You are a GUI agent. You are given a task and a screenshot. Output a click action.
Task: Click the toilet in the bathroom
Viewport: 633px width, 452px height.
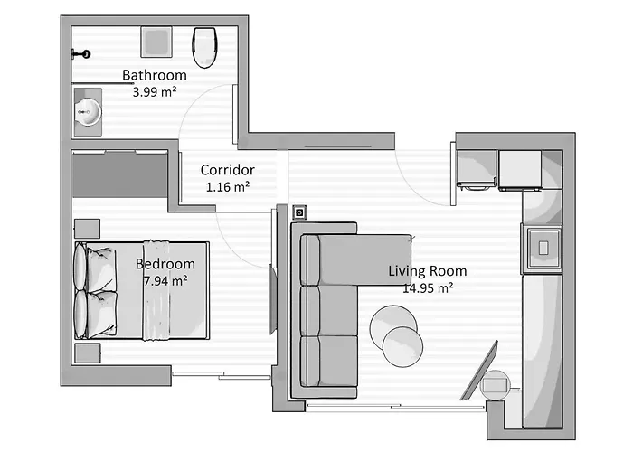[205, 47]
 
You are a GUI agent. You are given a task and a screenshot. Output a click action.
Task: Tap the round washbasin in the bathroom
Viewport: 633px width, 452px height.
[89, 112]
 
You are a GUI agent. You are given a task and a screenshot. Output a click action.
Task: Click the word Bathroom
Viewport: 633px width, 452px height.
[155, 75]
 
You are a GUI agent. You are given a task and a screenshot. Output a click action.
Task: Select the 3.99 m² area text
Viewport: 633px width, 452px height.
[155, 92]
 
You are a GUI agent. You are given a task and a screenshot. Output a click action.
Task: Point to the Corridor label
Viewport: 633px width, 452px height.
[227, 170]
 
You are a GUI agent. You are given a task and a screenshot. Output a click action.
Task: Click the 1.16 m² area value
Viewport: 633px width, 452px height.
[228, 187]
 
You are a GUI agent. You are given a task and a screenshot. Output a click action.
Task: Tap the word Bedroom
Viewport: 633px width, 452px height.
[165, 264]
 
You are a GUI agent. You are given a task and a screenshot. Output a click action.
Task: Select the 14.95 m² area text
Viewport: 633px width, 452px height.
[428, 288]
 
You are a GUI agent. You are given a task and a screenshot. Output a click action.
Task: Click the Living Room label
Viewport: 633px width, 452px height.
[428, 271]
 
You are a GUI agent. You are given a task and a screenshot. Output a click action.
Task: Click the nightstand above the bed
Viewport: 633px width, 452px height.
[87, 229]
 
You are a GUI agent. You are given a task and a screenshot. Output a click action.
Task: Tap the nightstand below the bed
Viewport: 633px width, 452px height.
[87, 353]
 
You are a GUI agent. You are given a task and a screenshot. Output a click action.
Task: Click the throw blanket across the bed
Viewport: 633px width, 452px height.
[156, 290]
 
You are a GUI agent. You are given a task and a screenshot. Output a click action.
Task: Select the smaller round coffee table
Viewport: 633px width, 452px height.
[402, 347]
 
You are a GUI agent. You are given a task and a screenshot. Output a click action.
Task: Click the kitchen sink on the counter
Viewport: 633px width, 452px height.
[543, 249]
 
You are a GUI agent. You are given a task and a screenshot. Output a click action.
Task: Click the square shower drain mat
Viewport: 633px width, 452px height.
[156, 42]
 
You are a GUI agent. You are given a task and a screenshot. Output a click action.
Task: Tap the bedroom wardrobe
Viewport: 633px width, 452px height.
[120, 174]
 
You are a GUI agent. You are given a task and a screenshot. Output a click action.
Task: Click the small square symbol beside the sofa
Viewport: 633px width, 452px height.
[299, 212]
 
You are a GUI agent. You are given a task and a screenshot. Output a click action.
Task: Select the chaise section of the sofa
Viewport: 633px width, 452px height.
[364, 260]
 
